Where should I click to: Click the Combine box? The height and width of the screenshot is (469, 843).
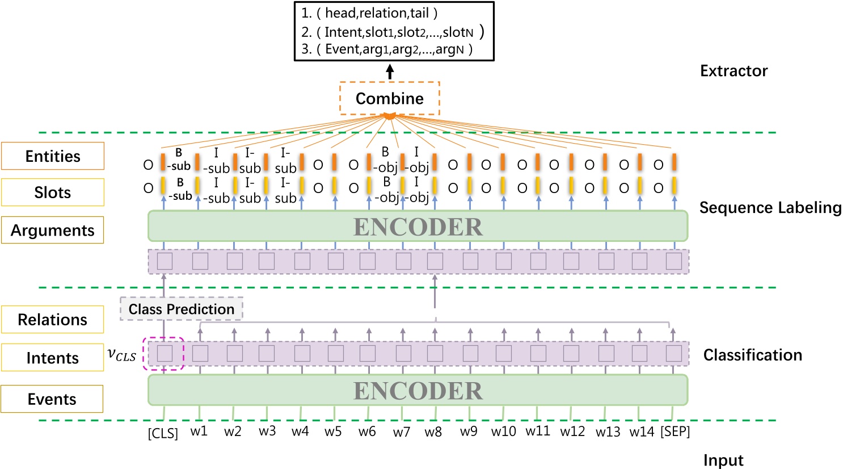390,98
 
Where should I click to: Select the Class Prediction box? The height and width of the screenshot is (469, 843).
182,309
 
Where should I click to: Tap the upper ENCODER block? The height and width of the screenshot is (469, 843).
418,227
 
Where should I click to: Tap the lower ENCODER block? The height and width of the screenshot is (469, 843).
418,391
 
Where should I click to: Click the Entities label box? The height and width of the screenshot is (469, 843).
53,156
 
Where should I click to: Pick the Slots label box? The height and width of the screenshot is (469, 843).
53,192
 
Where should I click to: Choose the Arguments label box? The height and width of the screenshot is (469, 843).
53,230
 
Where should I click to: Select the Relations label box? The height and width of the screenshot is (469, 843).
53,320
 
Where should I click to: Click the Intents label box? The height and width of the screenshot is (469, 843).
53,358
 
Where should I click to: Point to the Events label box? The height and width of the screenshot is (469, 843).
52,399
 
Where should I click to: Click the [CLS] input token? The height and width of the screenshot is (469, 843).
163,433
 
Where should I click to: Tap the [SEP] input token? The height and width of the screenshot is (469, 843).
675,432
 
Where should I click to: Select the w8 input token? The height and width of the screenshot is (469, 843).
433,432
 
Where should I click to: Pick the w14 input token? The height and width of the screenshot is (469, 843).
642,432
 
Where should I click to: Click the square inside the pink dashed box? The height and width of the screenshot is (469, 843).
165,354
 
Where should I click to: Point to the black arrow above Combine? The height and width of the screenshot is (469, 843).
390,72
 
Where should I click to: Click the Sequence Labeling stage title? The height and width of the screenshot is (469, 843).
770,208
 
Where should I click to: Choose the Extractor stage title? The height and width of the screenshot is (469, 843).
734,71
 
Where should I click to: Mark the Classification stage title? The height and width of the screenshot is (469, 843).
752,355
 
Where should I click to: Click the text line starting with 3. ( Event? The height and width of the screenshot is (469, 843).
387,49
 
